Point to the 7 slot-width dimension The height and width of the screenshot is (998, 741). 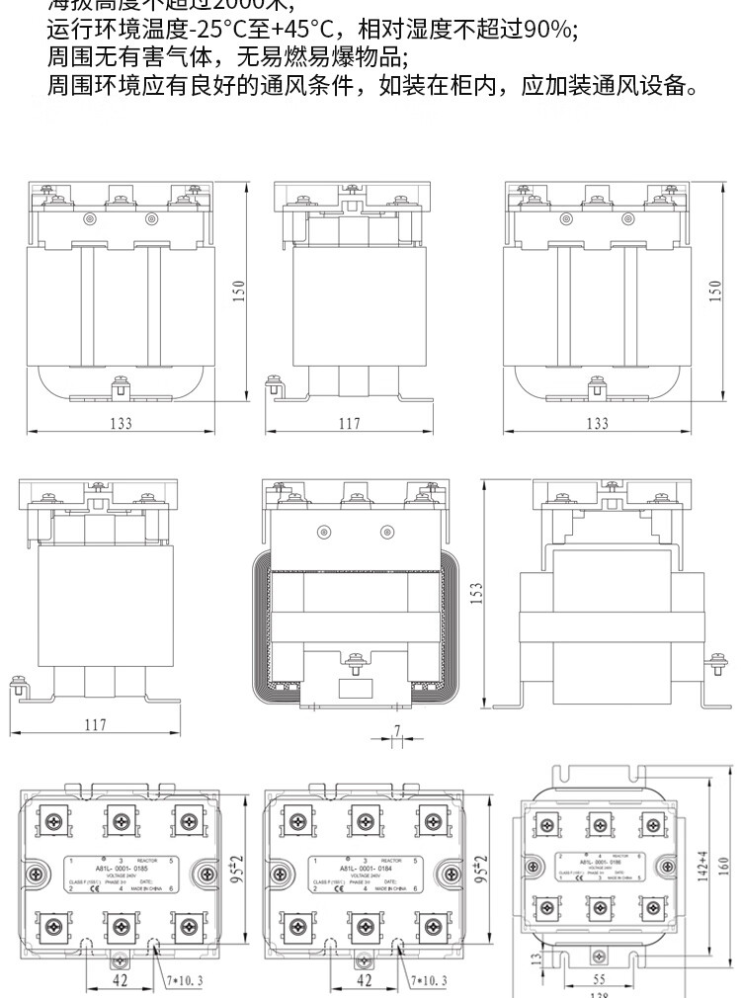point(396,730)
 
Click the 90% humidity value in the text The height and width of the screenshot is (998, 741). point(546,30)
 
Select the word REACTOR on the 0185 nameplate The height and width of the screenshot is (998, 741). point(144,861)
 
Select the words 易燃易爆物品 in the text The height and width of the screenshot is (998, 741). point(330,57)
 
